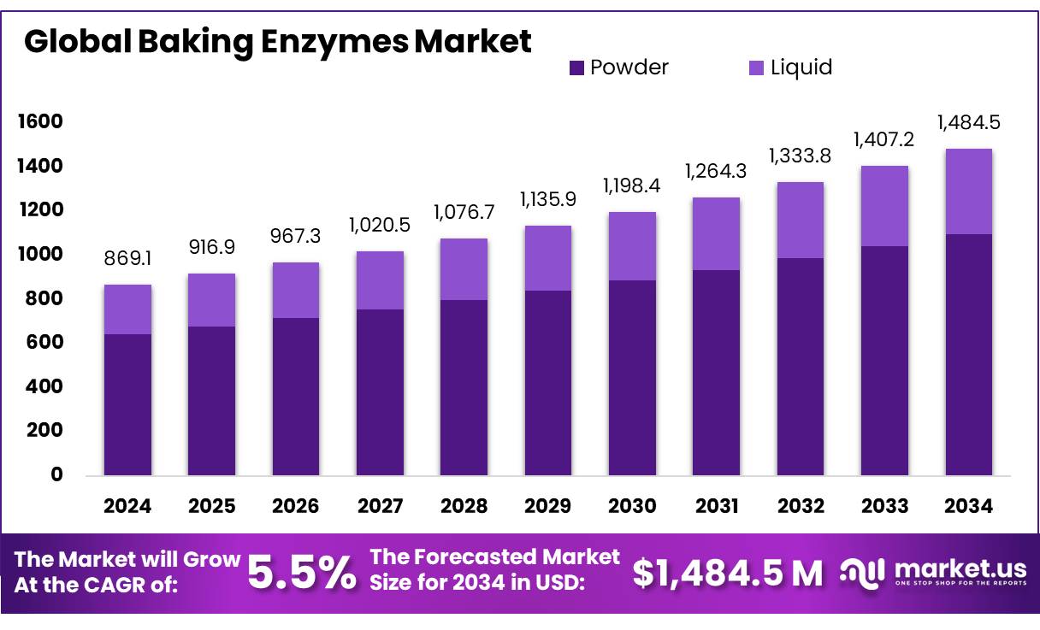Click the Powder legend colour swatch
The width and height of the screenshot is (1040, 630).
576,68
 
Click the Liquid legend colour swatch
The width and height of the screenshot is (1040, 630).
756,68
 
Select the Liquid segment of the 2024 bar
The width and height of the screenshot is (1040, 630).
127,309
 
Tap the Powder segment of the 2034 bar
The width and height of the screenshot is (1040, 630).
969,355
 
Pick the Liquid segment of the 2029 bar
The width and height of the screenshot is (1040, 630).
548,258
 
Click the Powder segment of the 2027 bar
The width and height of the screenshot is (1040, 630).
380,392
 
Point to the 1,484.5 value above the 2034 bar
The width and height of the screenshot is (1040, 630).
969,122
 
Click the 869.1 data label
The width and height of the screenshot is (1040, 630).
127,257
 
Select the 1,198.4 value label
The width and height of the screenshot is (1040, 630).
632,185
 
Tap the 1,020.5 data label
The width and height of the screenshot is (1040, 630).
380,225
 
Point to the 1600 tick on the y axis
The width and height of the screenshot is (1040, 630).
40,121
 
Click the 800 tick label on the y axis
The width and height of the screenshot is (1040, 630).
45,298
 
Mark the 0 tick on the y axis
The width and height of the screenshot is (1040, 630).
56,474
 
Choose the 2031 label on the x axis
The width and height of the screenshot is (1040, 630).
717,506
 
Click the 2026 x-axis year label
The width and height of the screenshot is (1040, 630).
296,506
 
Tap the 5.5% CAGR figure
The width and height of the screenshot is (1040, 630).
301,573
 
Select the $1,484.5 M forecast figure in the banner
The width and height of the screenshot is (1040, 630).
728,573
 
